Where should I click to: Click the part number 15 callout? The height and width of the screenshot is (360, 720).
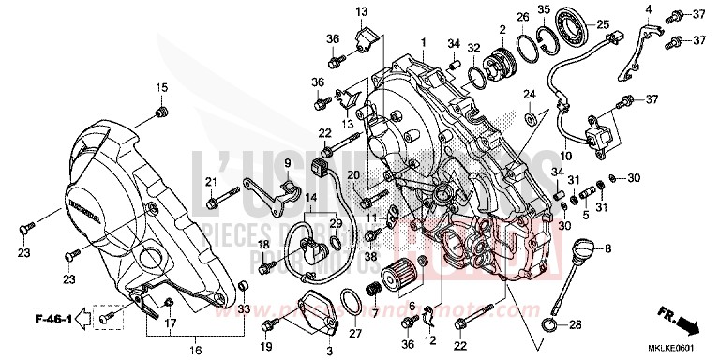tap(160, 88)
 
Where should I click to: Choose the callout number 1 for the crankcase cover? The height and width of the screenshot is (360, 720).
tap(423, 43)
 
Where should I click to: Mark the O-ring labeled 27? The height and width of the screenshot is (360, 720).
tap(351, 304)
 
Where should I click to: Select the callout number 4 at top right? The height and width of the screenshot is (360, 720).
tap(647, 9)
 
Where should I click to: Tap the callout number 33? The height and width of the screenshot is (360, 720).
tap(245, 309)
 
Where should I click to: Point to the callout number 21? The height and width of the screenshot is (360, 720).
tap(212, 181)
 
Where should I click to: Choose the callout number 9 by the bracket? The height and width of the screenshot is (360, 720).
tap(263, 163)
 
